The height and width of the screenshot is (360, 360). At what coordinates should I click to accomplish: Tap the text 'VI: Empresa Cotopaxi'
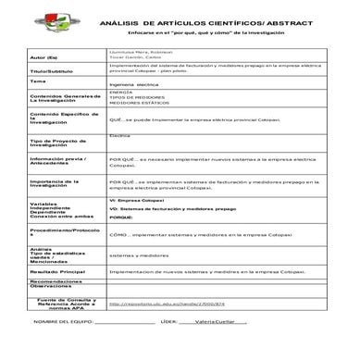136,225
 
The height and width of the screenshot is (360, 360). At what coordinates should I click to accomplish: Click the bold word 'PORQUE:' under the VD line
121,242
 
